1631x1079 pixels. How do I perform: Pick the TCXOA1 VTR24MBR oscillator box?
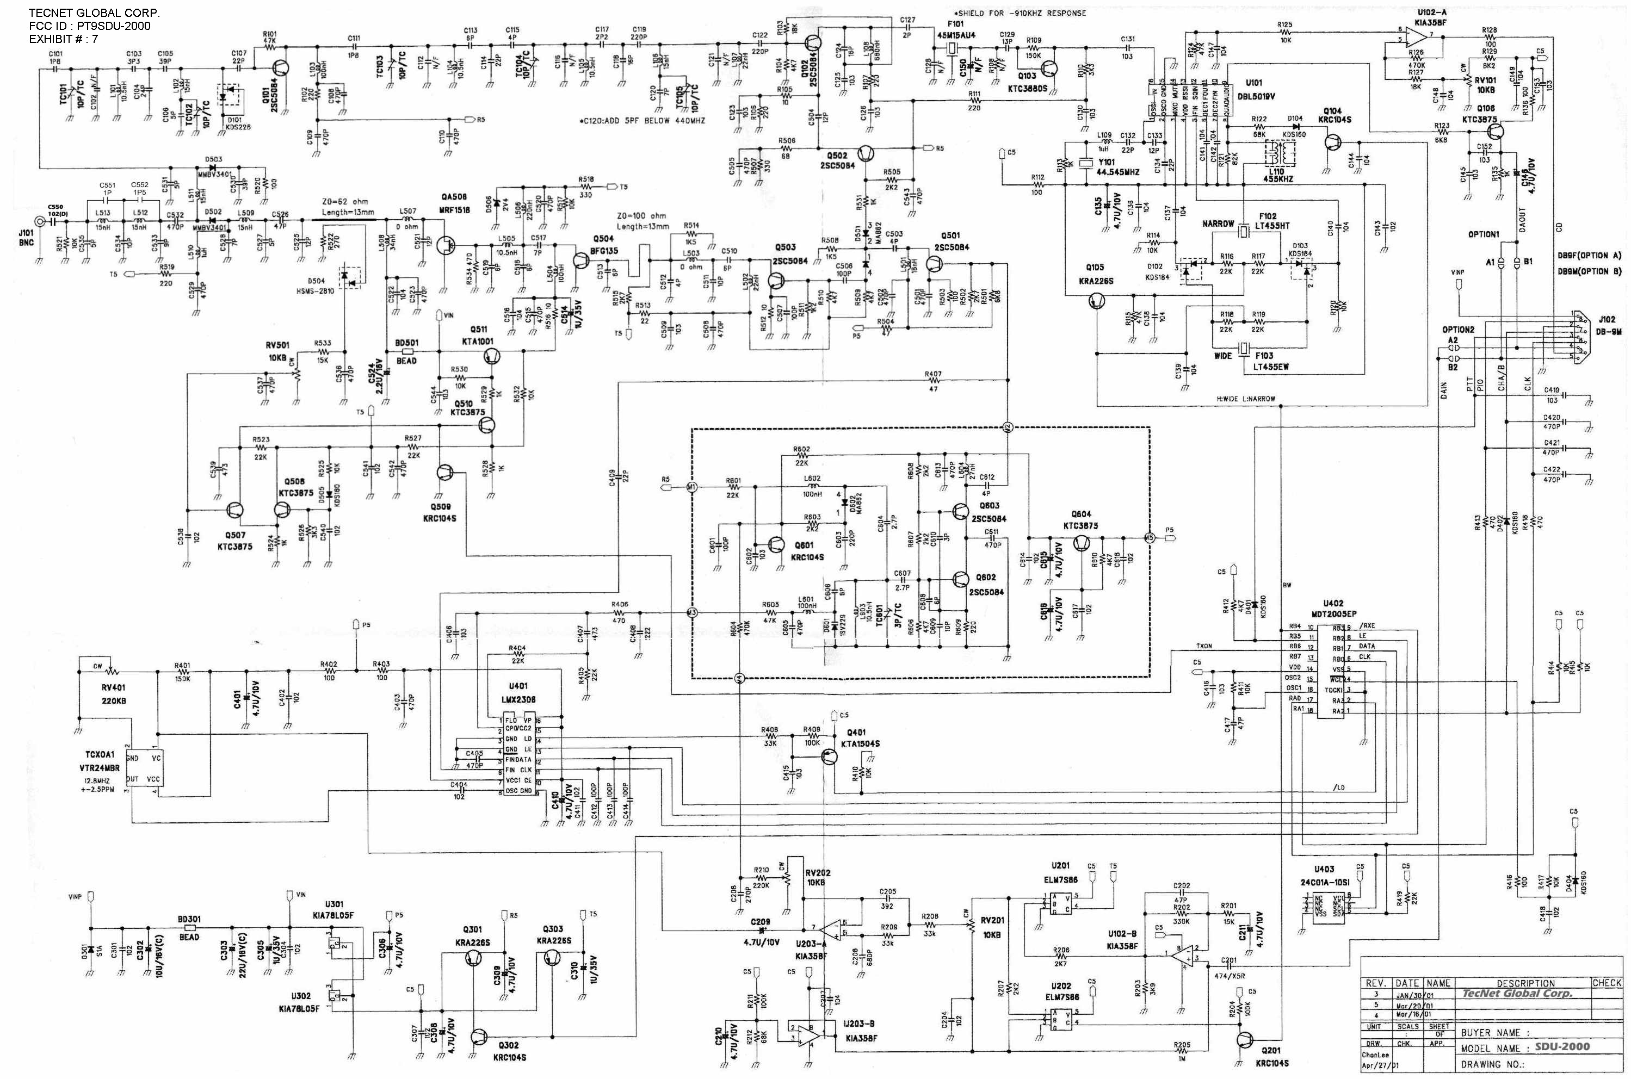pyautogui.click(x=145, y=770)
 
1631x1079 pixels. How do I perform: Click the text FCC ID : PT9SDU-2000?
pyautogui.click(x=89, y=26)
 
